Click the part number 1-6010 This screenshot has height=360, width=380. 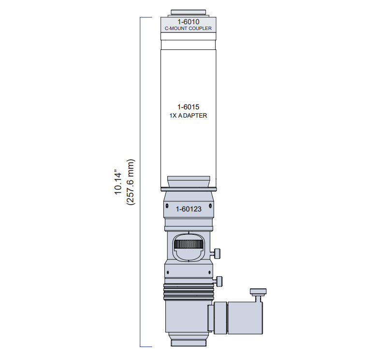pos(188,22)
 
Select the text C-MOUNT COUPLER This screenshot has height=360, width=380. pos(188,29)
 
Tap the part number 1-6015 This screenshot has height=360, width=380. pos(188,107)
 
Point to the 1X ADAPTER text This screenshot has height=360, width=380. pos(188,116)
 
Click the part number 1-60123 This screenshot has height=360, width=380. pos(189,209)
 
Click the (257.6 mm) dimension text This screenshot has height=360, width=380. pos(130,182)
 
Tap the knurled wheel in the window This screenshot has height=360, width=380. pos(189,244)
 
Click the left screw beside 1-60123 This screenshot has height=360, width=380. pos(167,206)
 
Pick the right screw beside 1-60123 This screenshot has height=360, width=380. pos(210,206)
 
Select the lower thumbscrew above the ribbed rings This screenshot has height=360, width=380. pos(218,282)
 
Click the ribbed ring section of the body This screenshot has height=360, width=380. pos(189,292)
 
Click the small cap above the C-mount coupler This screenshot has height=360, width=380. pos(188,13)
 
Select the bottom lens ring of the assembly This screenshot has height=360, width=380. pos(189,343)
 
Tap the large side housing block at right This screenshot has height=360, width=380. pos(245,318)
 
